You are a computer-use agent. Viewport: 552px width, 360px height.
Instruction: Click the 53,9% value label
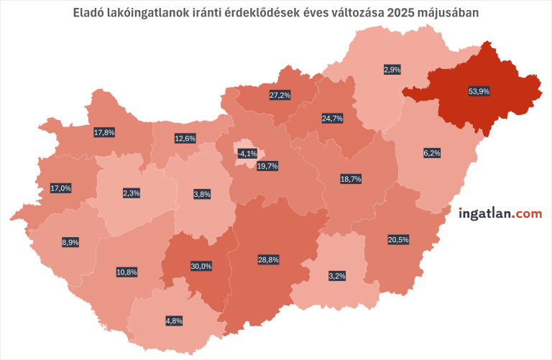pos(479,91)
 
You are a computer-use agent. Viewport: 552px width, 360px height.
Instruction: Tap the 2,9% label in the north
pos(392,70)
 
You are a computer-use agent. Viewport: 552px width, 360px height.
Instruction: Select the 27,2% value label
pos(280,95)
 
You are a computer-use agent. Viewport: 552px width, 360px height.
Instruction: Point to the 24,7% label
pos(332,118)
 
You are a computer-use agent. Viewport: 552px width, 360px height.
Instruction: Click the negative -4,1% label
pos(247,153)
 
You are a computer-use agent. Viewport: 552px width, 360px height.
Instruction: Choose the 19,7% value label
pos(267,166)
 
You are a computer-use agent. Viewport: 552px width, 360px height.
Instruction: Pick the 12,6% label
pos(185,138)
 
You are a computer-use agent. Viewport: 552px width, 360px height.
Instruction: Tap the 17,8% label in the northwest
pos(104,132)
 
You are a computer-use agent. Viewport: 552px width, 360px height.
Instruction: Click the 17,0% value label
pos(60,188)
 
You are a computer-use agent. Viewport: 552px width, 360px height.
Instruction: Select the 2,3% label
pos(131,193)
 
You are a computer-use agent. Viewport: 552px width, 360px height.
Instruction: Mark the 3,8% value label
pos(201,194)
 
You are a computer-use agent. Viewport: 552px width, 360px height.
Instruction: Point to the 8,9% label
pos(70,243)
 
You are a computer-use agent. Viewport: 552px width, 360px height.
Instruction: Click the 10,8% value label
pos(126,272)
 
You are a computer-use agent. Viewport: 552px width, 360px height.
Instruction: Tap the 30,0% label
pos(201,266)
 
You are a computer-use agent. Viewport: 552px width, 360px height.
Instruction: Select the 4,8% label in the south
pos(173,320)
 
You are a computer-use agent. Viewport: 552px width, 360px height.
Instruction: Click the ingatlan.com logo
pos(500,213)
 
